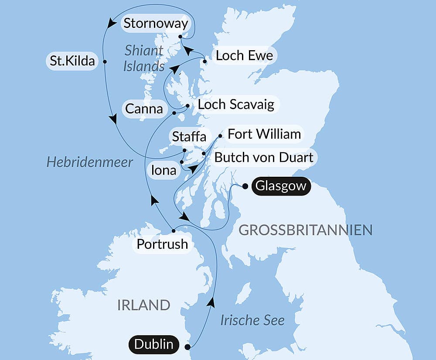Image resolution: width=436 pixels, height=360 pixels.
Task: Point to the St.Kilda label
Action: point(72,62)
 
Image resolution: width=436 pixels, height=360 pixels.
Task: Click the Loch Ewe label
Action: point(244,55)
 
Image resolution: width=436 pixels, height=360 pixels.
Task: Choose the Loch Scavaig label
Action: point(236,104)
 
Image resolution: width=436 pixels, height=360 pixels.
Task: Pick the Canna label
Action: point(144,108)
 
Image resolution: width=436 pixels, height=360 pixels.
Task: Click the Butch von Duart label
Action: point(264,157)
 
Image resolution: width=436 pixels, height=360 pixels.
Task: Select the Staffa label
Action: point(189,137)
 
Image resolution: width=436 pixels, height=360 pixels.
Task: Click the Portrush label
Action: point(162,244)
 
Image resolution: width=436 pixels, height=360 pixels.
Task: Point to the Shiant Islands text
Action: point(144,58)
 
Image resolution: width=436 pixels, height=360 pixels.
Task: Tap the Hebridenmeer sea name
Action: point(90,163)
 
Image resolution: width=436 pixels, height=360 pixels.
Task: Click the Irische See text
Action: point(252,320)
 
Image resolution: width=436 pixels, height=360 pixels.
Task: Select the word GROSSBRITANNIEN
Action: point(306,230)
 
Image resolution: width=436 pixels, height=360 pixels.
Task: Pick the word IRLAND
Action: point(143,305)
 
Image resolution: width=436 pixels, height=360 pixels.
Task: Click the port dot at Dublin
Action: point(188,347)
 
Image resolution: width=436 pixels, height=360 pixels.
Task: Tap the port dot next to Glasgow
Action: point(245,186)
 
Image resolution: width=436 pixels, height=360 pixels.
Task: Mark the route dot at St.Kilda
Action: point(105,62)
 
